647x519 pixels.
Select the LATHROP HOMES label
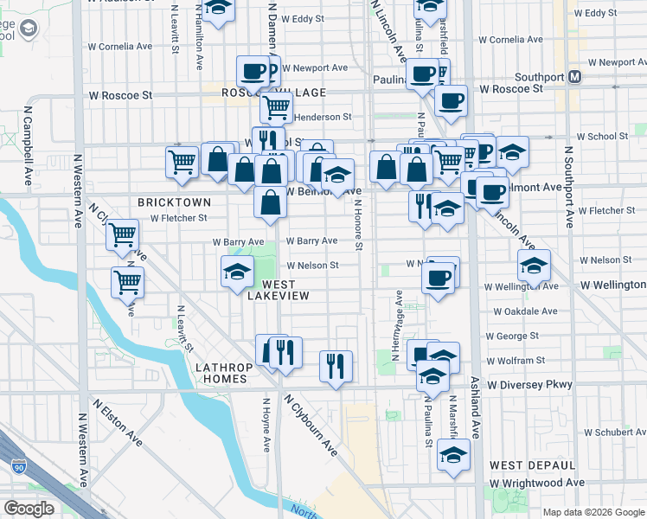pos(224,374)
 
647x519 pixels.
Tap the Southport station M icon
pos(575,76)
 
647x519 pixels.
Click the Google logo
pos(29,509)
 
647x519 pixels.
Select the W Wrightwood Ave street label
pos(537,483)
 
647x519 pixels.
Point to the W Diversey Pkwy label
pos(529,384)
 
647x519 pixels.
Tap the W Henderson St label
pos(322,117)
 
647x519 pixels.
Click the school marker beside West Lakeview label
pos(237,272)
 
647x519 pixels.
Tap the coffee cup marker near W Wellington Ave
pos(439,279)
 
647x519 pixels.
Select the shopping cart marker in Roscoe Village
pos(276,106)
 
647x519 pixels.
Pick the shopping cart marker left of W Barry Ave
pos(123,234)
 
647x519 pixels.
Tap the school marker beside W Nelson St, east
pos(534,265)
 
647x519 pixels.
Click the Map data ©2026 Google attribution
pos(593,511)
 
